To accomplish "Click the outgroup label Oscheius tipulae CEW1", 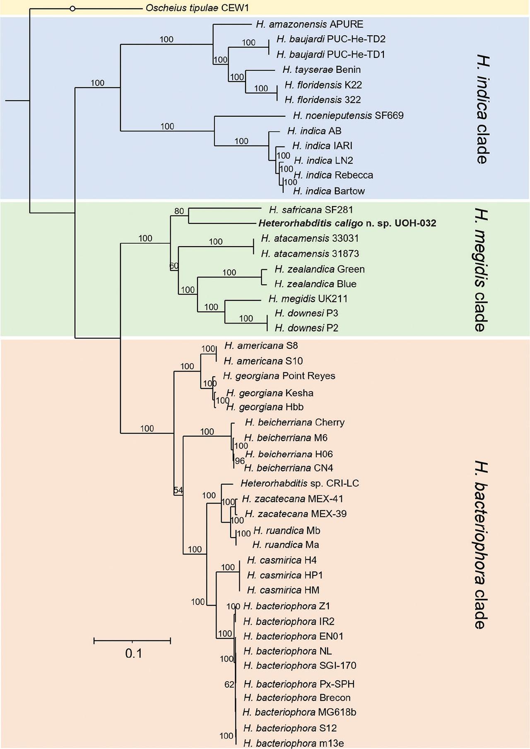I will pos(197,8).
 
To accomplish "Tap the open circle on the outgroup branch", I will pos(72,8).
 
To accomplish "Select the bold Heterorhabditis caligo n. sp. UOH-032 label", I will pos(347,223).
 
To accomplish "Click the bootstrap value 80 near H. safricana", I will pos(179,211).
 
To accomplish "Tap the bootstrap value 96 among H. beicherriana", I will pos(240,461).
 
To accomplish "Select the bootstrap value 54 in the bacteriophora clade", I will pos(178,490).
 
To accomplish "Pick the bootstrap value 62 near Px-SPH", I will pos(229,684).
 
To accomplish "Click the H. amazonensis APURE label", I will pos(309,24).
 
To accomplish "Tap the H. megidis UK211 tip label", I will pos(308,298).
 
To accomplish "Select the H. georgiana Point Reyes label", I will pos(279,376).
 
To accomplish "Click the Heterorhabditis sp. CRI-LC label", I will pos(299,483).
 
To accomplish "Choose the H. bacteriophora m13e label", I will pos(294,743).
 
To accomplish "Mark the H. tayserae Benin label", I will pos(321,70).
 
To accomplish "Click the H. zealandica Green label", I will pos(319,269).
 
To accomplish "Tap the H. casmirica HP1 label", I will pos(285,575).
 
